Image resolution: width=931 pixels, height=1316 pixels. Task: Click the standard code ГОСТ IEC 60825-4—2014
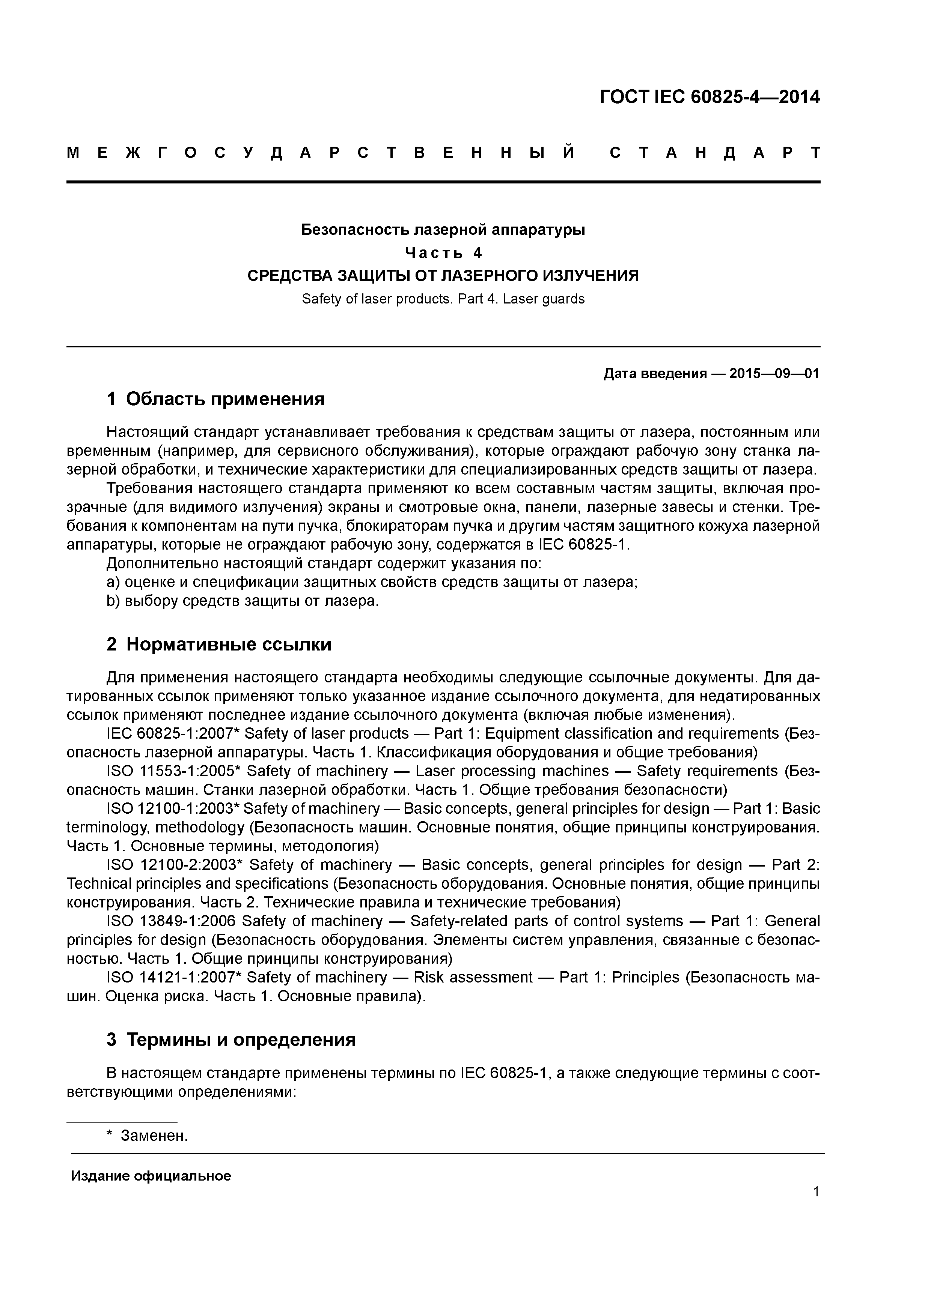[x=710, y=98]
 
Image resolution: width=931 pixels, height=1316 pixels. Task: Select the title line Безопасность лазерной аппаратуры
[x=443, y=230]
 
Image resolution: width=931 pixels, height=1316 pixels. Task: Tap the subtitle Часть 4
[x=443, y=253]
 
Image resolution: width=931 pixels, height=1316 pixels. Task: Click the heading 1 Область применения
[x=216, y=399]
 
